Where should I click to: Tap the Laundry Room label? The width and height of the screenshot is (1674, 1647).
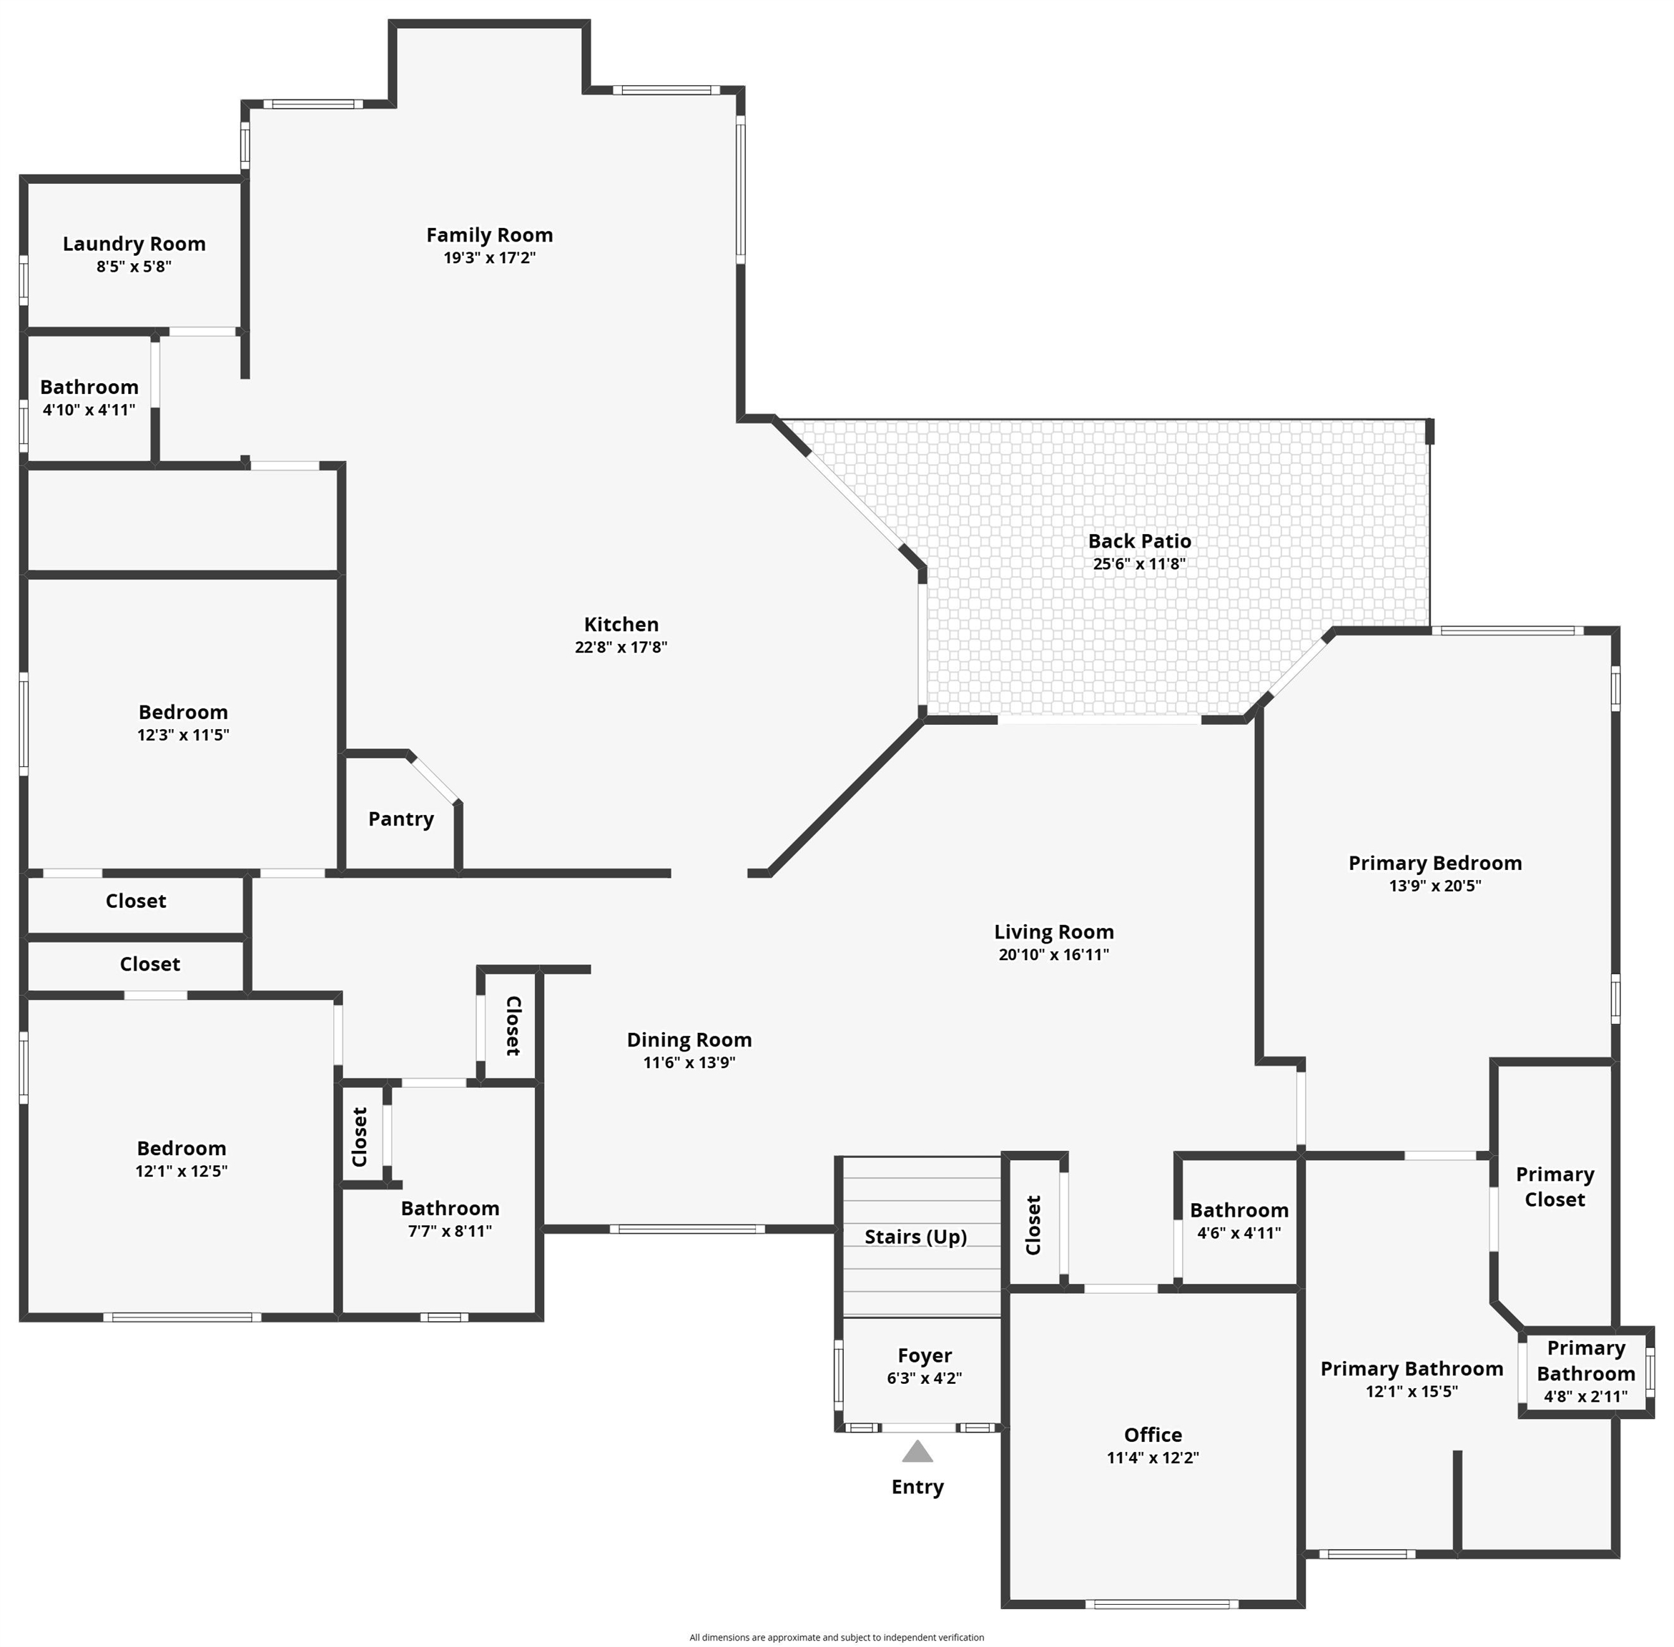pyautogui.click(x=134, y=244)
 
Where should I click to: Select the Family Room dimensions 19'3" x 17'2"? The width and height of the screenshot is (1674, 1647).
pyautogui.click(x=490, y=258)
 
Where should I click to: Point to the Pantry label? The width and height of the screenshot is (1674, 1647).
pyautogui.click(x=400, y=819)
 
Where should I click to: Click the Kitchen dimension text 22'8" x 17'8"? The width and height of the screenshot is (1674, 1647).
pyautogui.click(x=621, y=647)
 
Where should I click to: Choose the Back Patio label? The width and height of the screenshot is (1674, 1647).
pyautogui.click(x=1139, y=540)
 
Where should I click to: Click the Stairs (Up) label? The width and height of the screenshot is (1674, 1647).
pyautogui.click(x=915, y=1237)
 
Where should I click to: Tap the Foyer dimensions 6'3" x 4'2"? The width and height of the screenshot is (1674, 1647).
pyautogui.click(x=924, y=1378)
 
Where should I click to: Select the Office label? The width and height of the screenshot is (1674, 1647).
pyautogui.click(x=1152, y=1434)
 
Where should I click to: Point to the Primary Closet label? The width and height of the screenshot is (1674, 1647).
pyautogui.click(x=1555, y=1187)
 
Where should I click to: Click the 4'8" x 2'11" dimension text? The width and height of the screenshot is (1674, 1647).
pyautogui.click(x=1586, y=1395)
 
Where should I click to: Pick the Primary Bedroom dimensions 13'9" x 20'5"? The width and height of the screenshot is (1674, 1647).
pyautogui.click(x=1435, y=885)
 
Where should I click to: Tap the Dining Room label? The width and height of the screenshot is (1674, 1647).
pyautogui.click(x=689, y=1040)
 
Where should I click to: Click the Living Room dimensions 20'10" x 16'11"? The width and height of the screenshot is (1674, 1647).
pyautogui.click(x=1054, y=954)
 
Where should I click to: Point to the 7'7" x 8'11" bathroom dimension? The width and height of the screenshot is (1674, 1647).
pyautogui.click(x=450, y=1231)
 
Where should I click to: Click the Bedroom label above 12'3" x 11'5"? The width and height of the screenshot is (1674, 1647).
pyautogui.click(x=183, y=712)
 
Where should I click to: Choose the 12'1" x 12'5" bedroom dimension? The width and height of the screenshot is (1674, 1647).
pyautogui.click(x=182, y=1170)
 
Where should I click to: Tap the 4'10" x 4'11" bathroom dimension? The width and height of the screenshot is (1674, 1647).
pyautogui.click(x=89, y=410)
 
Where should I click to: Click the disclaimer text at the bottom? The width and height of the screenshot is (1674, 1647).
pyautogui.click(x=837, y=1636)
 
